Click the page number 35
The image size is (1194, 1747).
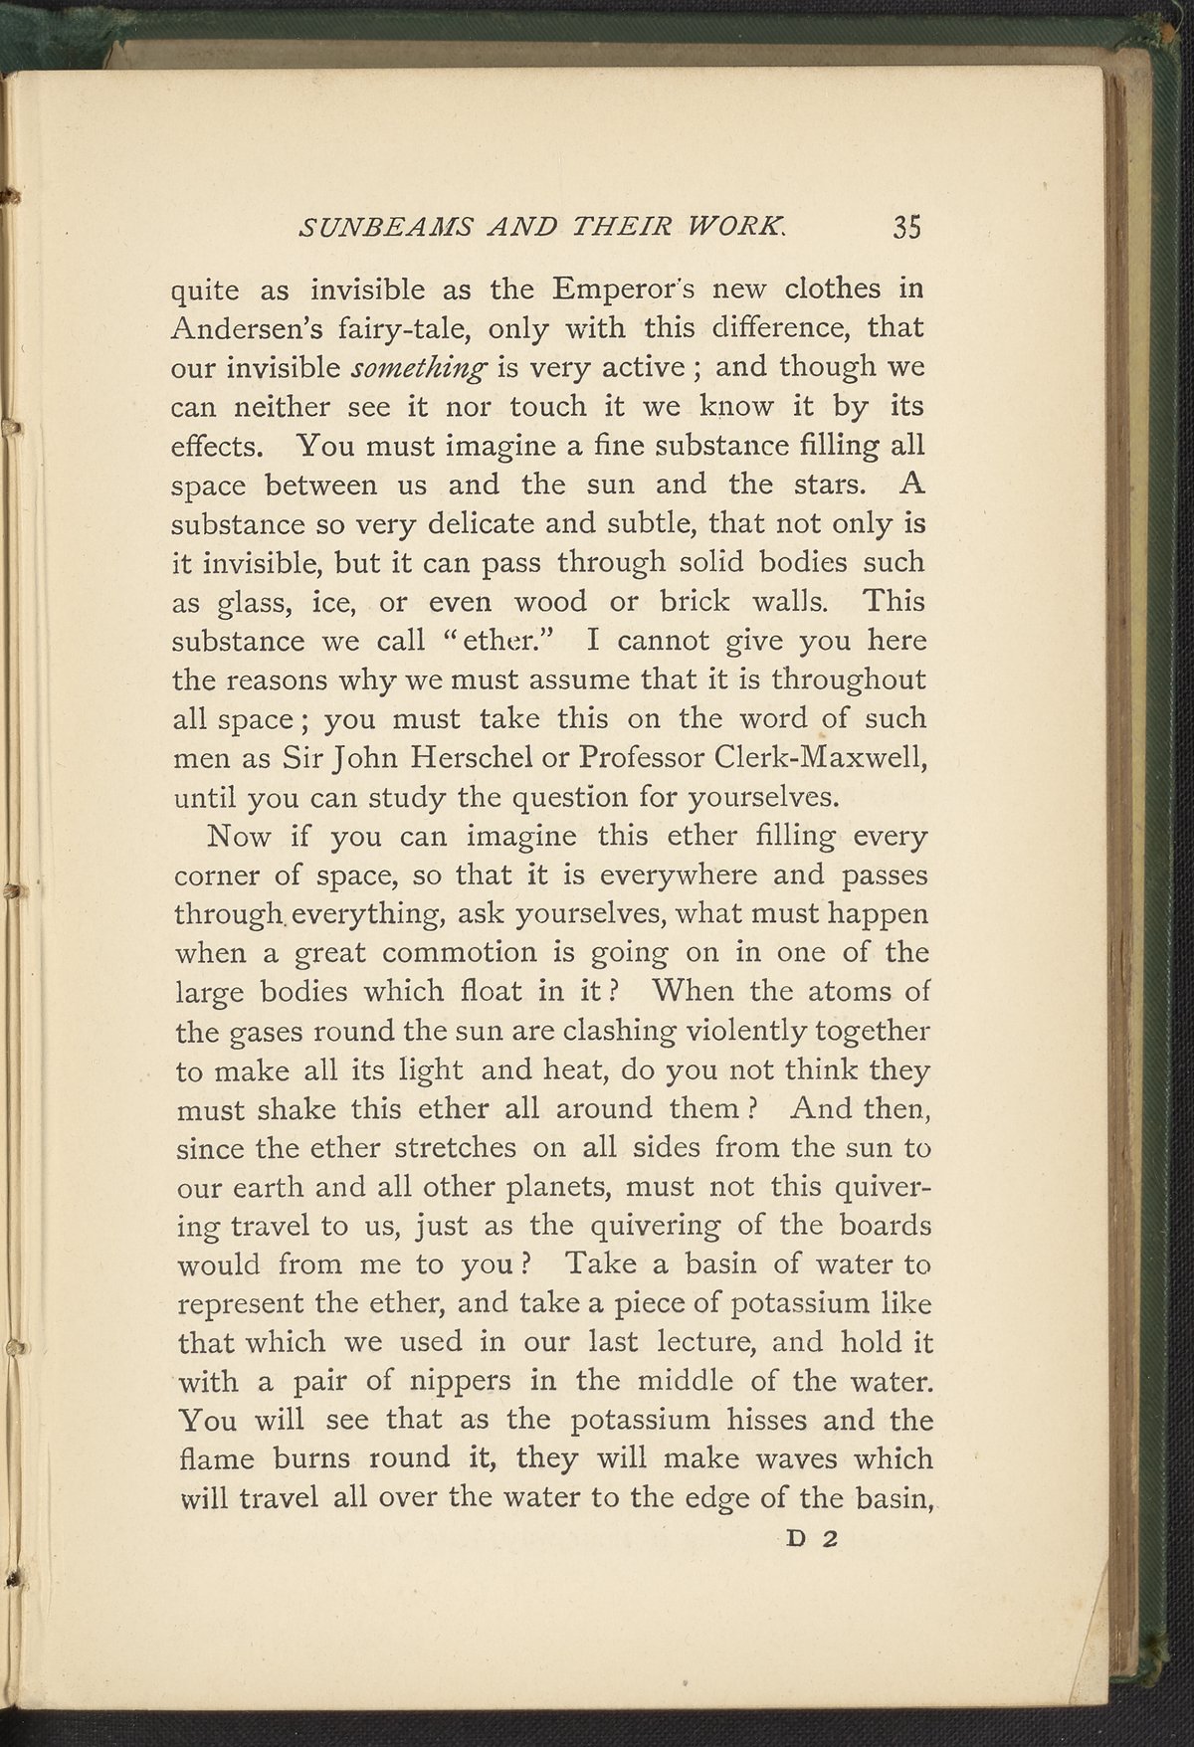click(x=906, y=228)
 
